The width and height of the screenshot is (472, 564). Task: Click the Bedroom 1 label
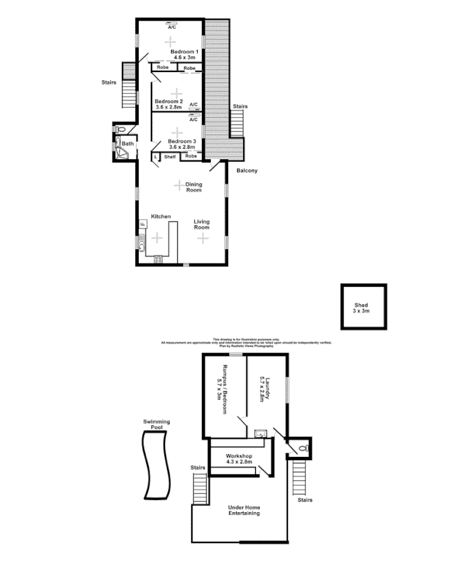point(183,52)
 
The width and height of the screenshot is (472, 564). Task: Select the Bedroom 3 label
point(182,141)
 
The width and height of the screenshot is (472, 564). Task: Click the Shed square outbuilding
point(364,307)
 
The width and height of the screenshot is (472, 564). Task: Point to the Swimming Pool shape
point(154,465)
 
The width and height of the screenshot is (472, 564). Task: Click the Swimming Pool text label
point(156,424)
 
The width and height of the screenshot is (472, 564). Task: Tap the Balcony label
point(246,170)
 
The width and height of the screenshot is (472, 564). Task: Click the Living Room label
point(202,224)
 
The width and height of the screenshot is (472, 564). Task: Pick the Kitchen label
point(160,216)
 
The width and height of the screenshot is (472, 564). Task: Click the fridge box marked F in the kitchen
point(143,224)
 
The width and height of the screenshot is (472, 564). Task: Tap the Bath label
point(127,144)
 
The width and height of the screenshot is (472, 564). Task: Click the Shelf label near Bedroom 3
point(170,156)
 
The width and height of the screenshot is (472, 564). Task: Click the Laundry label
point(267,388)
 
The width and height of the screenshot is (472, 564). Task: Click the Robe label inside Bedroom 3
point(191,156)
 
